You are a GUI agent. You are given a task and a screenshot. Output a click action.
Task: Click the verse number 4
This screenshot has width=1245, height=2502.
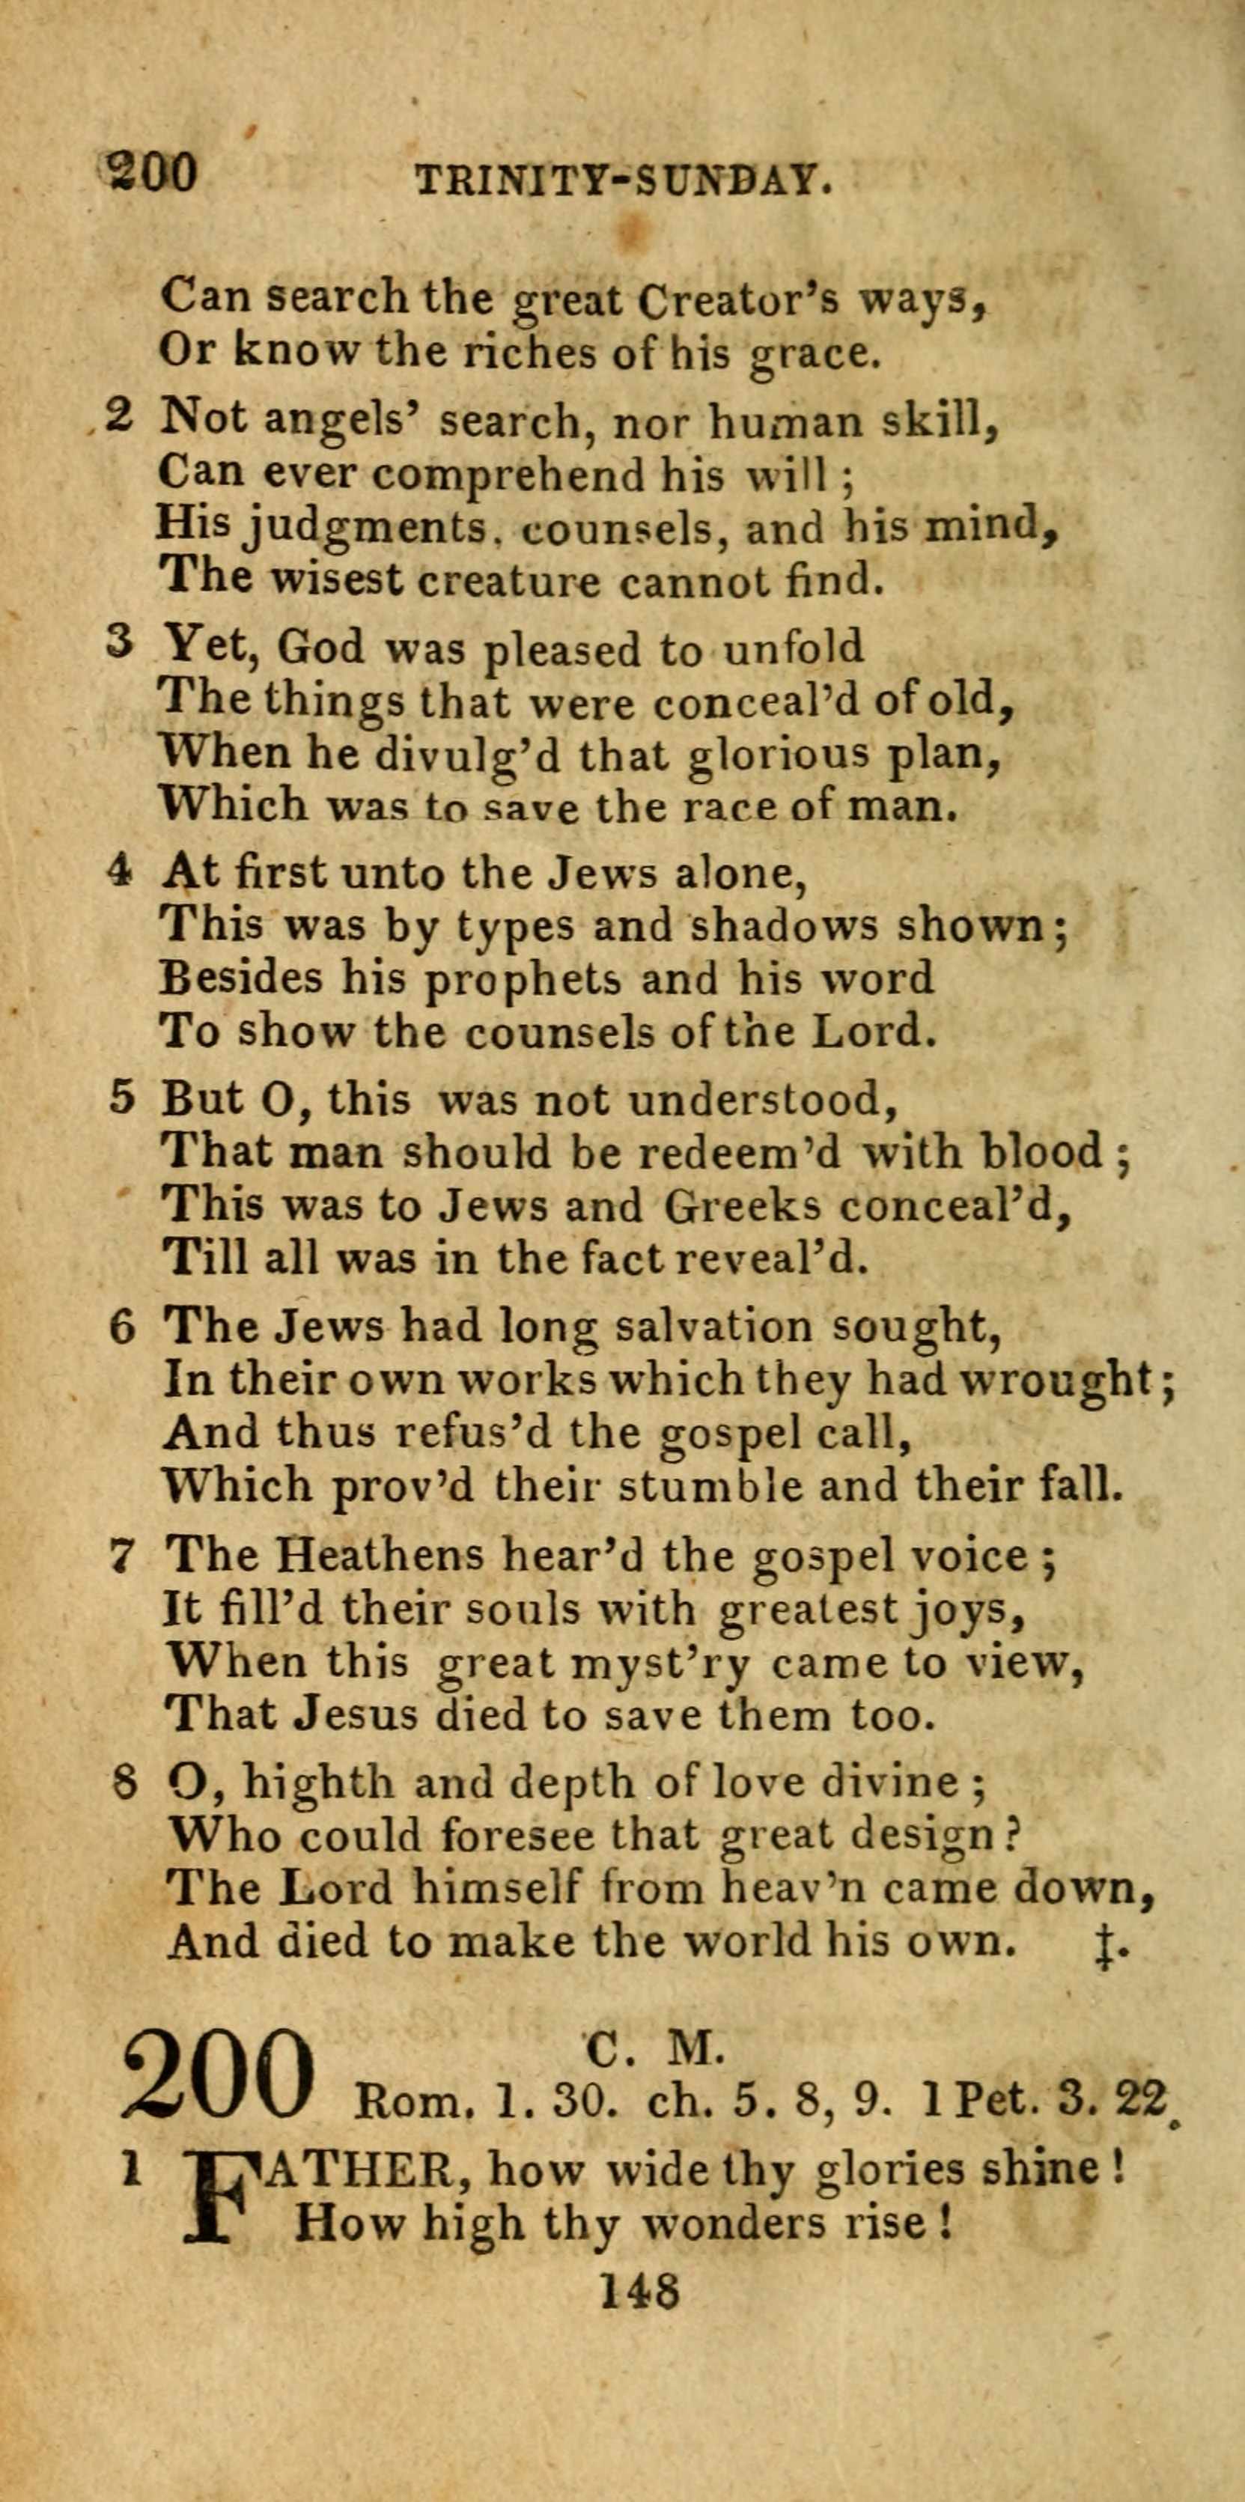(118, 871)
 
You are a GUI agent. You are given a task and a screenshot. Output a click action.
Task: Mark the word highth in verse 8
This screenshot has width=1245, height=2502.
(317, 1781)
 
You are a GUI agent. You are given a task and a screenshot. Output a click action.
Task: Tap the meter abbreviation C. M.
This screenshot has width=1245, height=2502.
(654, 2045)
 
